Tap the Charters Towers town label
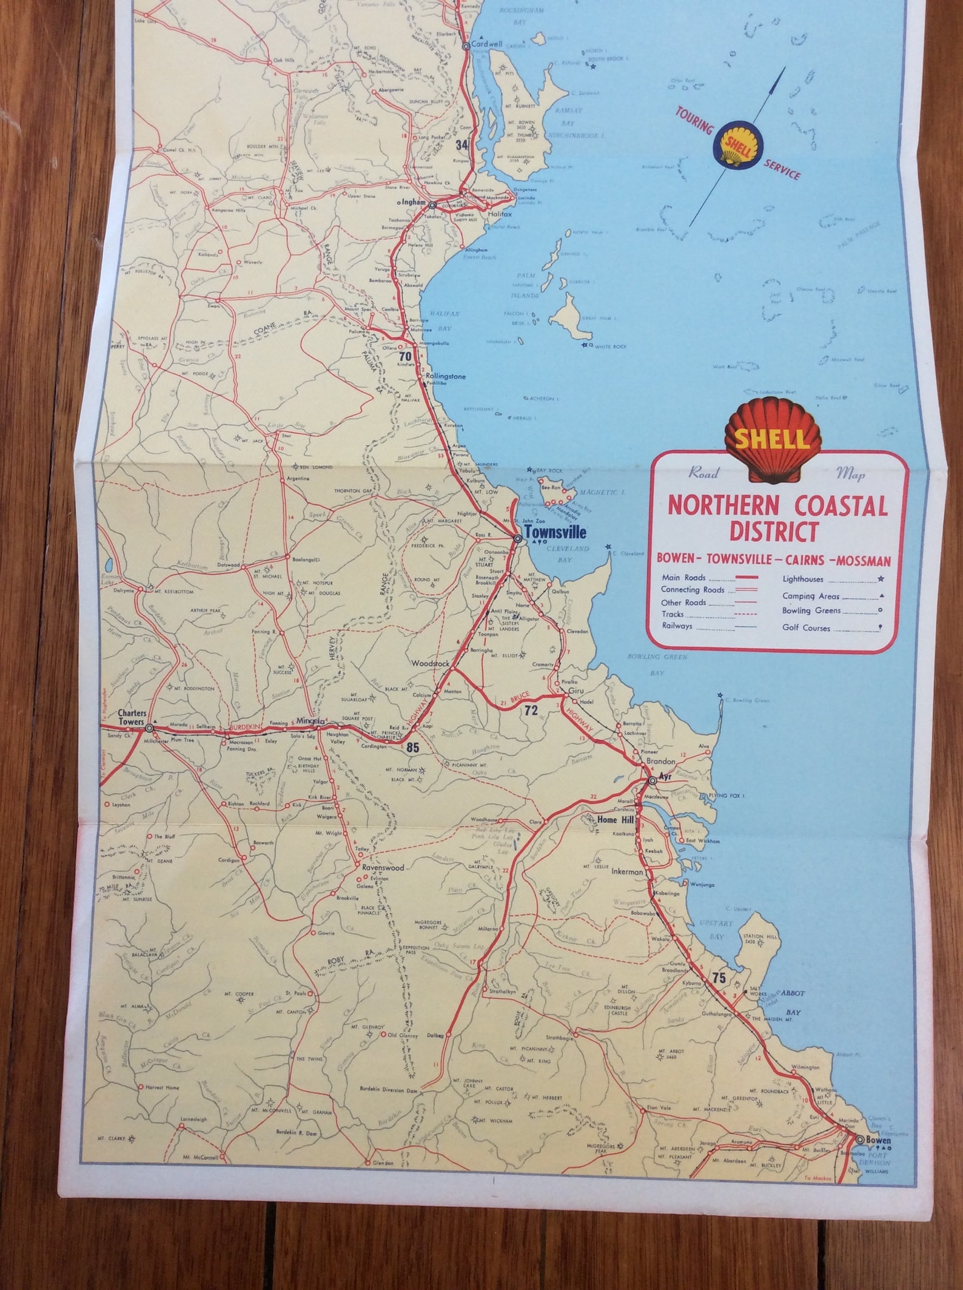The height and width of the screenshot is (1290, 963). click(x=132, y=718)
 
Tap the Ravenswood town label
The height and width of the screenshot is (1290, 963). click(x=383, y=868)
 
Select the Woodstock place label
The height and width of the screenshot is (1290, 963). click(x=430, y=664)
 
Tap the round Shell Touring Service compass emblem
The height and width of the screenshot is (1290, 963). click(x=736, y=146)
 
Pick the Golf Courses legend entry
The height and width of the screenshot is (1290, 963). click(x=806, y=628)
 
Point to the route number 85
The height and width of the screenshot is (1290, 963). click(x=412, y=748)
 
